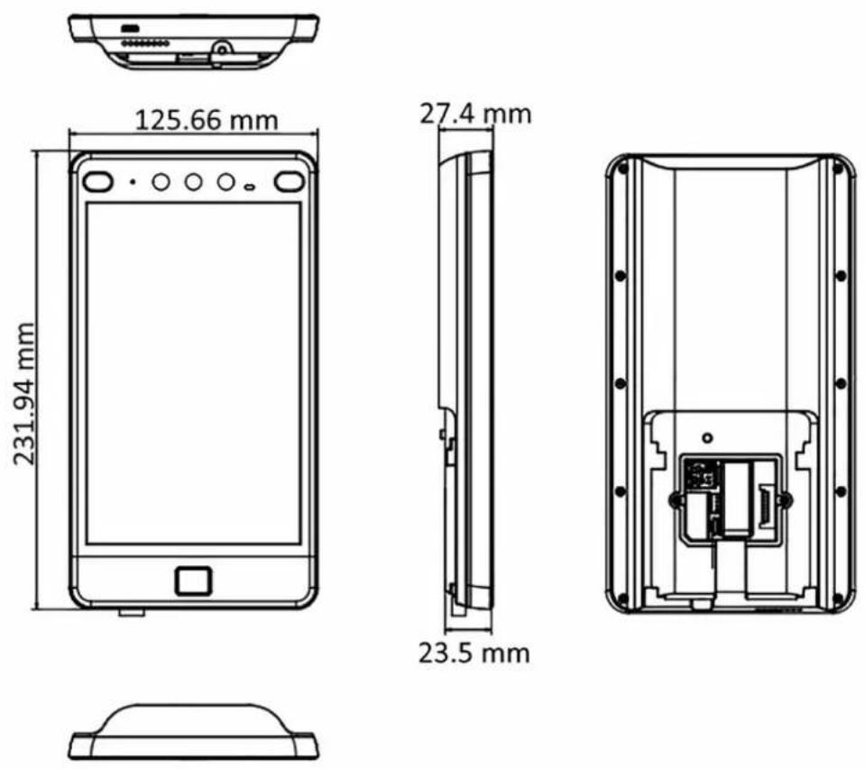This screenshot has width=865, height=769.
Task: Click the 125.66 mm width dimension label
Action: [x=207, y=120]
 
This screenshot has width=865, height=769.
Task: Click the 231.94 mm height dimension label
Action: [x=24, y=393]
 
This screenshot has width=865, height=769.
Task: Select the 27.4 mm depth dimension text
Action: [x=475, y=114]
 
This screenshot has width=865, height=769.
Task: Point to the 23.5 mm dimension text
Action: [x=474, y=654]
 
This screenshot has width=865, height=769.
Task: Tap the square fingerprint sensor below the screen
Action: [x=193, y=581]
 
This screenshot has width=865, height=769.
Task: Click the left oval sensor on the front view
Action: [x=98, y=181]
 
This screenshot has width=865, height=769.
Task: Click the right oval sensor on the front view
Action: [x=290, y=181]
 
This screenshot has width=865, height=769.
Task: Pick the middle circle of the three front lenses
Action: [x=193, y=181]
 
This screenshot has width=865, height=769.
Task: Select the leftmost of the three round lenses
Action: [x=161, y=181]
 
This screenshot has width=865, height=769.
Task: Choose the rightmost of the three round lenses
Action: [x=225, y=181]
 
